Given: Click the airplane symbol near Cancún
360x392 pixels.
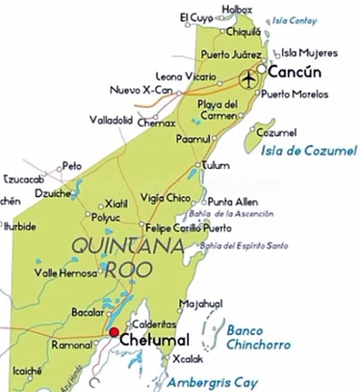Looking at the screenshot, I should [249, 79].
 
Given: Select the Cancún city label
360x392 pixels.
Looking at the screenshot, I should [295, 72].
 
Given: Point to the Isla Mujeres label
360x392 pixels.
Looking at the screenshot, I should [309, 53].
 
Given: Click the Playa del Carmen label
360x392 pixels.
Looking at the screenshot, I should [217, 109].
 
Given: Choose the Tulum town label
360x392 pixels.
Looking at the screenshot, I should [216, 165].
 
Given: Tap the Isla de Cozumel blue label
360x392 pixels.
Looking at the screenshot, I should [308, 151].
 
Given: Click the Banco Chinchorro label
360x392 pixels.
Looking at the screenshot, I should [258, 338].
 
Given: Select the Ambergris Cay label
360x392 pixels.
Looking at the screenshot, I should [212, 382].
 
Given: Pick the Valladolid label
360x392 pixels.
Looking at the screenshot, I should [111, 120].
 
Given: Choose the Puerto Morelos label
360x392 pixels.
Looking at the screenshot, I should [295, 94].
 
